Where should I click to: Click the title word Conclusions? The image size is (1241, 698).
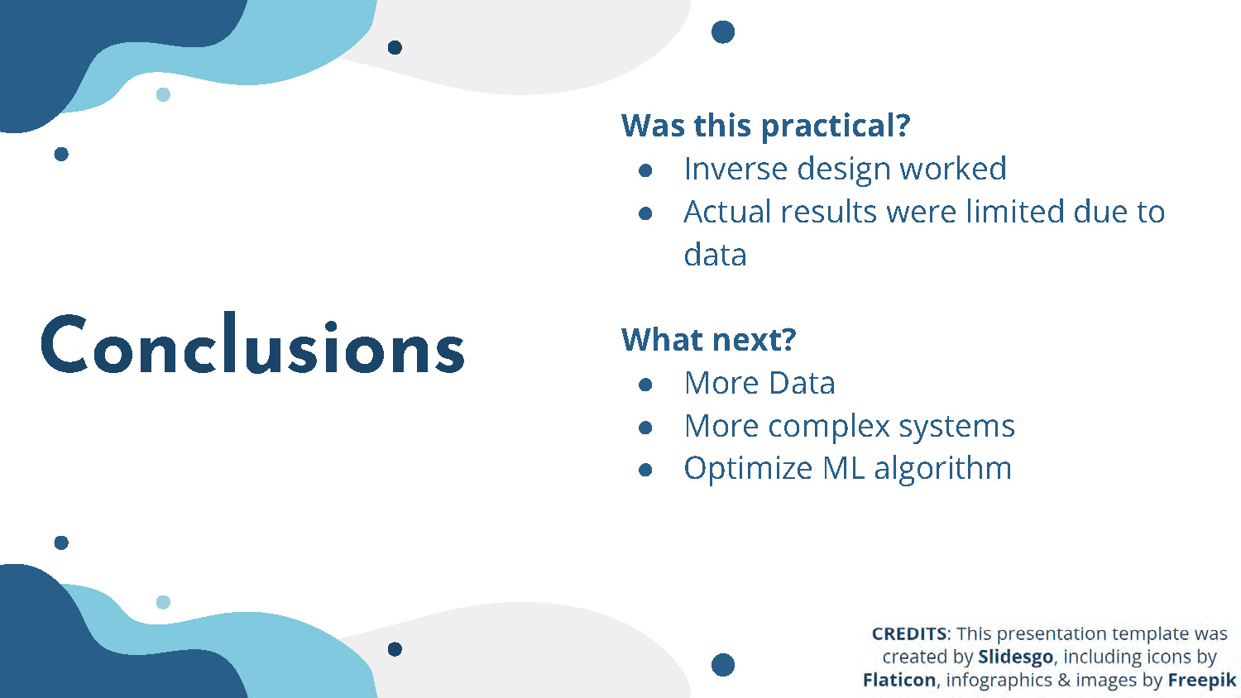[252, 343]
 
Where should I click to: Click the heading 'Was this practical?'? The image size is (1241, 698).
[765, 127]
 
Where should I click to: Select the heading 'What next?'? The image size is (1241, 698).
[708, 340]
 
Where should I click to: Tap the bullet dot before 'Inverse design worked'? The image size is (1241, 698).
[644, 170]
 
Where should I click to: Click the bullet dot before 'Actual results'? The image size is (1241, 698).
[644, 213]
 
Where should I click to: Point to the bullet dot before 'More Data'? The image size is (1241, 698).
[644, 385]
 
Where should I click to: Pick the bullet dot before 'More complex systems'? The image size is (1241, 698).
[644, 427]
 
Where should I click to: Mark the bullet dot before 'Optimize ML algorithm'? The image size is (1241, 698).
[644, 470]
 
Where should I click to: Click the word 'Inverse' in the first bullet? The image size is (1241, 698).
[735, 169]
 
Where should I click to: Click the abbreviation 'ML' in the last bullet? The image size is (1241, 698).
[843, 469]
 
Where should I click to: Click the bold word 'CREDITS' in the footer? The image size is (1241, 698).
[909, 633]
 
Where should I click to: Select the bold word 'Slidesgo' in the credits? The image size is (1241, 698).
[1015, 657]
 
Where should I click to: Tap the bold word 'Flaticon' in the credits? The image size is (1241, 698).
[899, 680]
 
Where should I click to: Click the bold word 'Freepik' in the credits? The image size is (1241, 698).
[1201, 681]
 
